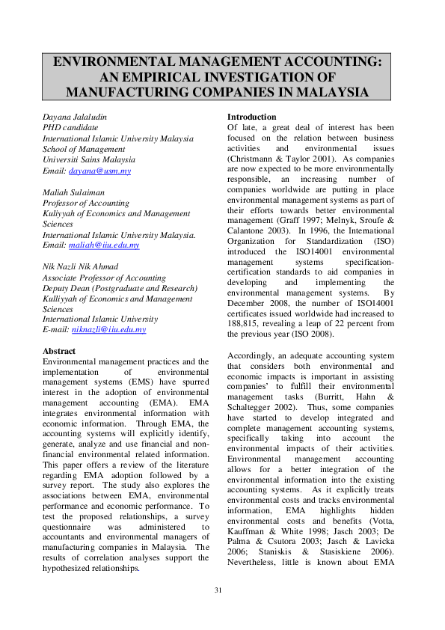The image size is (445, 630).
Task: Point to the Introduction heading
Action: pos(251,117)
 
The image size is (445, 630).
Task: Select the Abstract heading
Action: pos(59,351)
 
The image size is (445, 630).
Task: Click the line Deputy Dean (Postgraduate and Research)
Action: pos(120,288)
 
